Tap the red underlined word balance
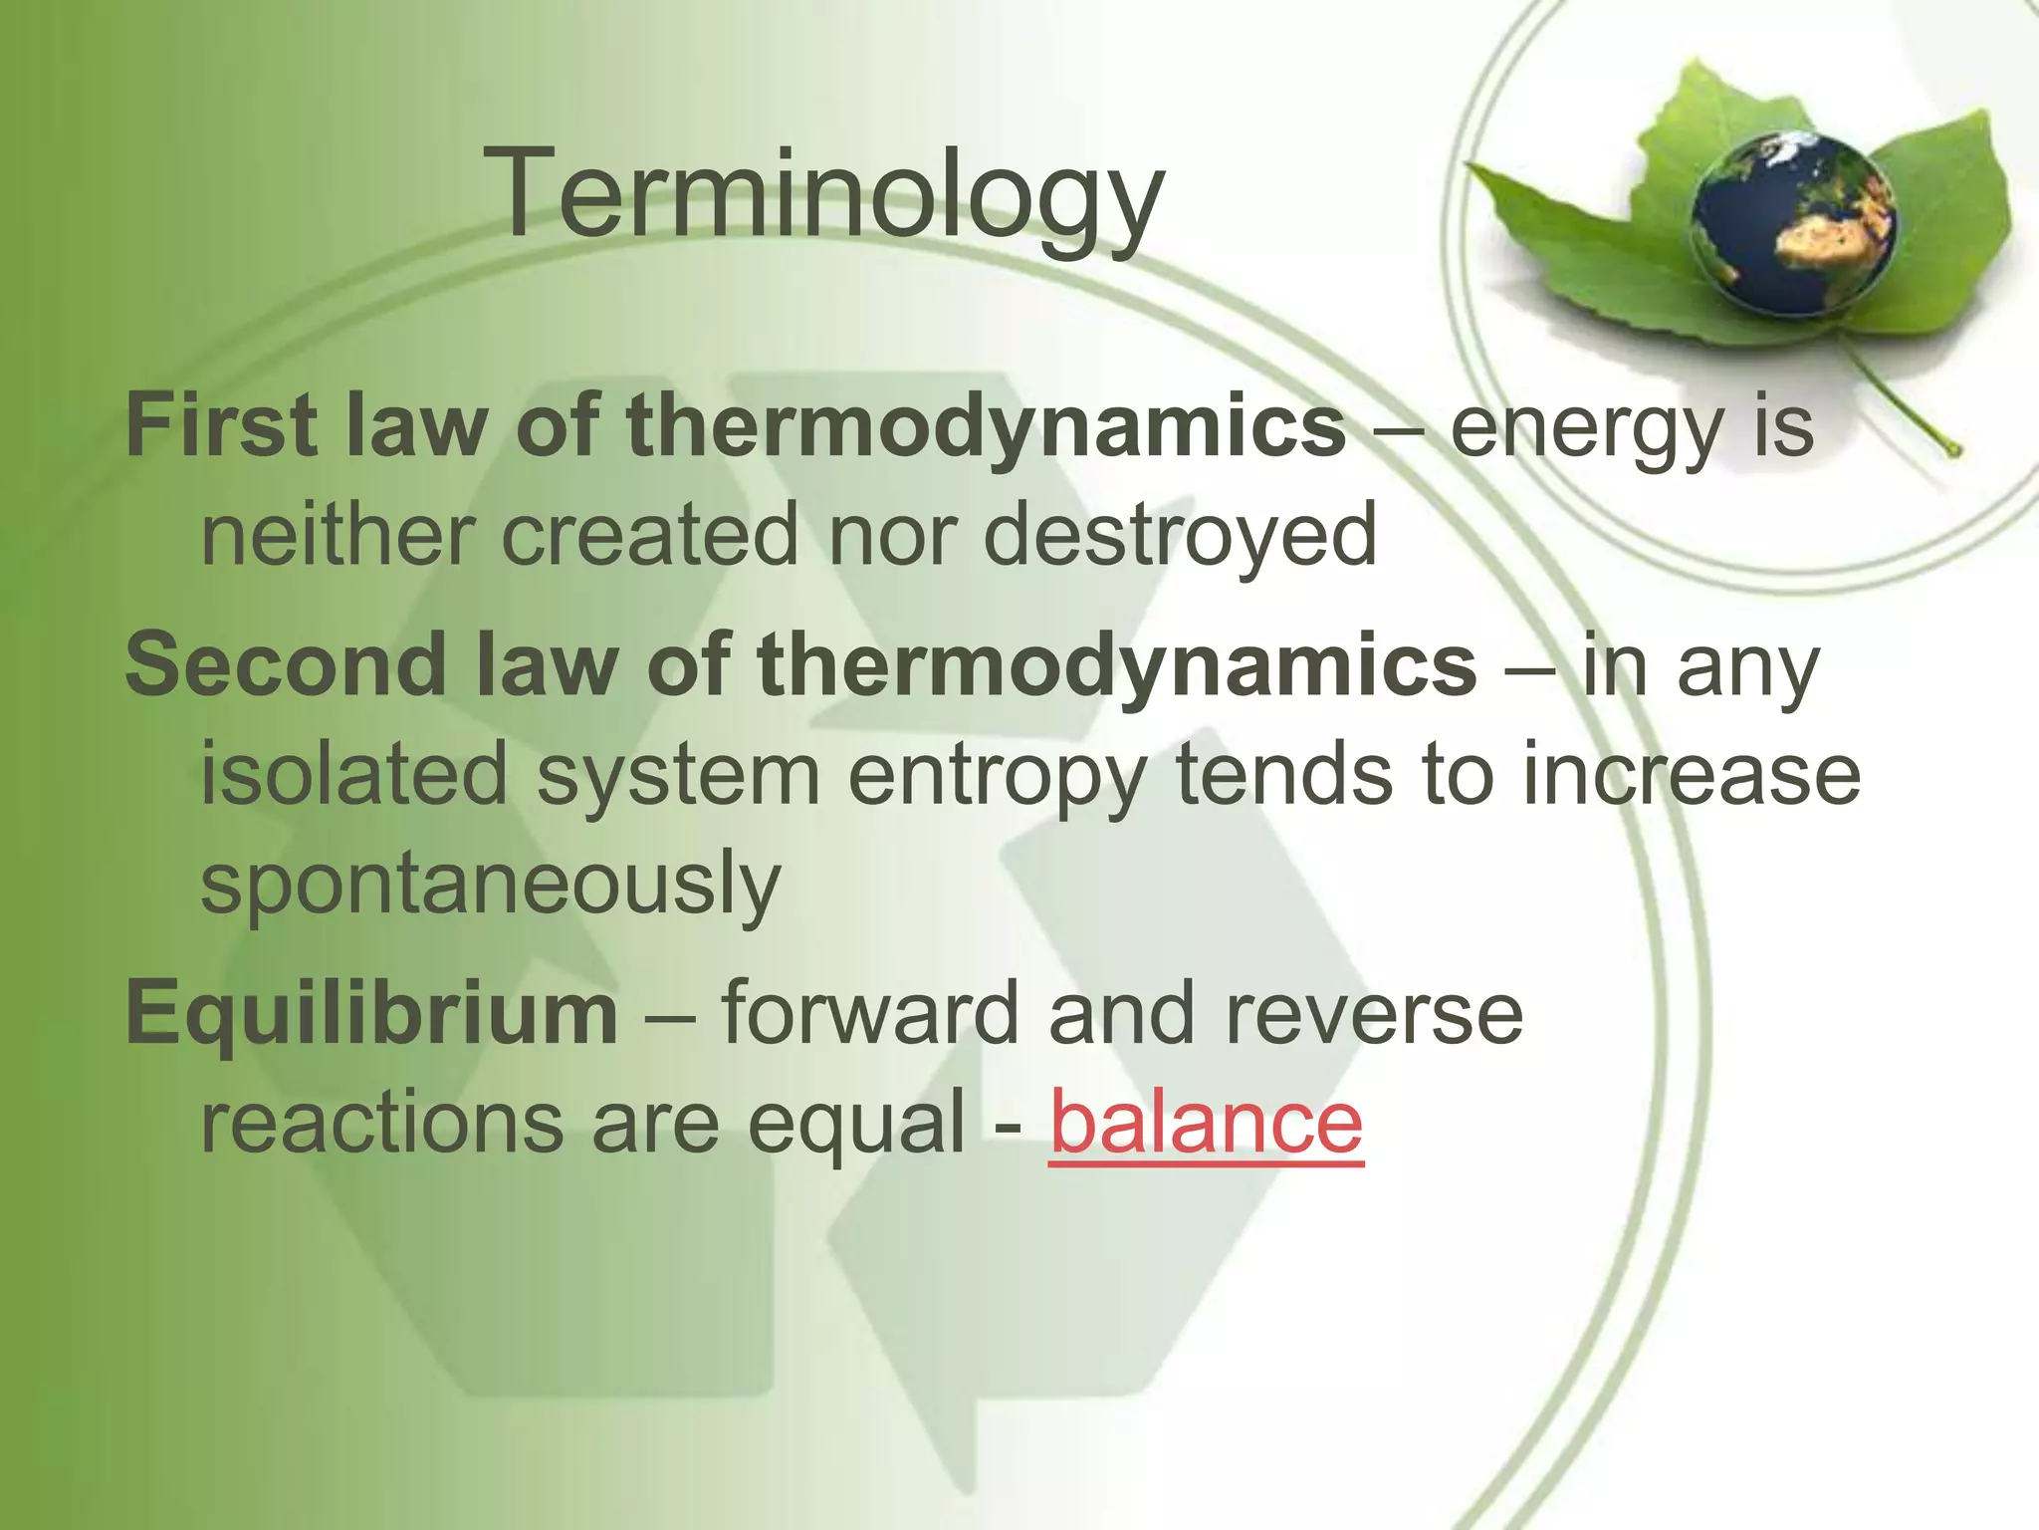tap(1206, 1123)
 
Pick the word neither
tap(336, 535)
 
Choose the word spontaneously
tap(491, 885)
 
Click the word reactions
tap(381, 1123)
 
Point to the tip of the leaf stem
tap(1954, 451)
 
